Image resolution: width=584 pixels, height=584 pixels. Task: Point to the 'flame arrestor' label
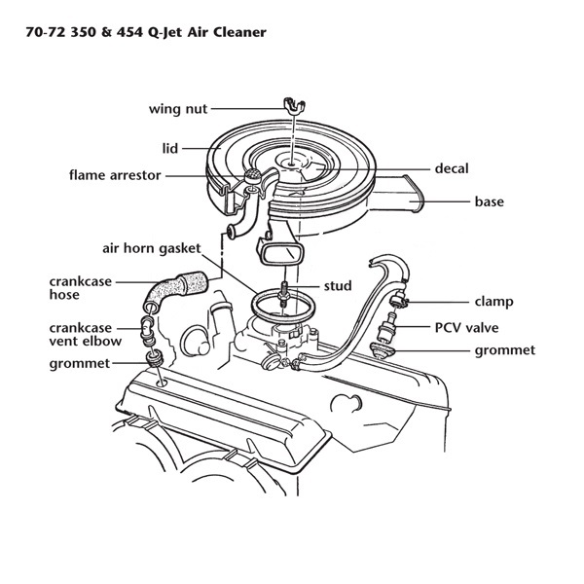115,176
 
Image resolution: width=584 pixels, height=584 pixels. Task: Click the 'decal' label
452,168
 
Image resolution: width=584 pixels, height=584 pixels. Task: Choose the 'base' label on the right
488,201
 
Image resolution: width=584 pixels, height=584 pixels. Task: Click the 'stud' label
337,286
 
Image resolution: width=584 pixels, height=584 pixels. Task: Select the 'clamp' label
493,302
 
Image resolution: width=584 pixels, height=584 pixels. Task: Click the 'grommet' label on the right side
503,350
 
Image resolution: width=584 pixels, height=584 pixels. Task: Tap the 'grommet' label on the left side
81,364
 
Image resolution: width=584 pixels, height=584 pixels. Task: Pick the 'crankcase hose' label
79,288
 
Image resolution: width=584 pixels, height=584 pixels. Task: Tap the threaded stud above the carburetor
281,293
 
